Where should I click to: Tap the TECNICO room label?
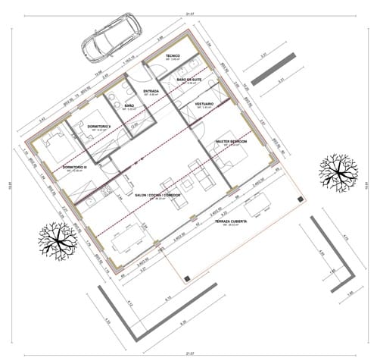pos(173,55)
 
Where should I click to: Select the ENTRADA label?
pos(151,92)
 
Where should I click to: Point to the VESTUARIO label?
pos(204,103)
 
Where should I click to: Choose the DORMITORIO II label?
pos(100,125)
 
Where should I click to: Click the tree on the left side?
pos(58,240)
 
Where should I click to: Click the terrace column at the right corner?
pos(301,198)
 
